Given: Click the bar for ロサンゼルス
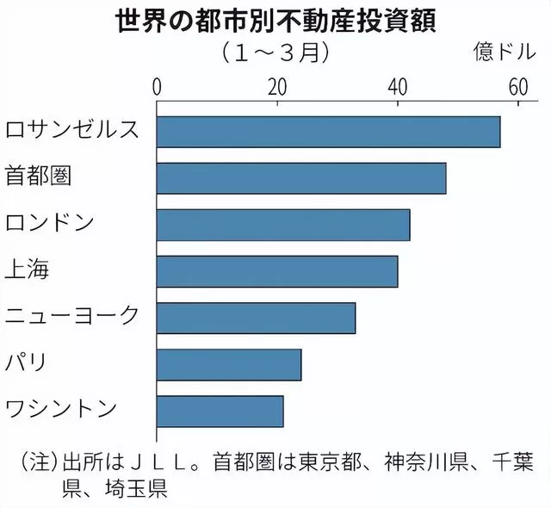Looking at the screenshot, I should coord(328,131).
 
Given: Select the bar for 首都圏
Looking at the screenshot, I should coord(301,177).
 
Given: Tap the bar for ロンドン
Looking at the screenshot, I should coord(283,224).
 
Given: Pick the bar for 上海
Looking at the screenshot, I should coord(277,271).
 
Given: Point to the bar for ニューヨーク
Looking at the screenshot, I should coord(256,318).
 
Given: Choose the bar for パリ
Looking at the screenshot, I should coord(229,364).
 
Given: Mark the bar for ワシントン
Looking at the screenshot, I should coord(220,411).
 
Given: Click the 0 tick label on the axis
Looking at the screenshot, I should coord(158,87).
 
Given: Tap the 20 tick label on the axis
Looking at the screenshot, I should coord(277,87).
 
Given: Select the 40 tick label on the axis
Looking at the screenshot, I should coord(398,87).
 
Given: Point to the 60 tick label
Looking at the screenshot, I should coord(517,87).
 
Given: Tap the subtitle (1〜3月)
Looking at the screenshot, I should coord(275,52).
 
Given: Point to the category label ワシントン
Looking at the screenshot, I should coord(60,410).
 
